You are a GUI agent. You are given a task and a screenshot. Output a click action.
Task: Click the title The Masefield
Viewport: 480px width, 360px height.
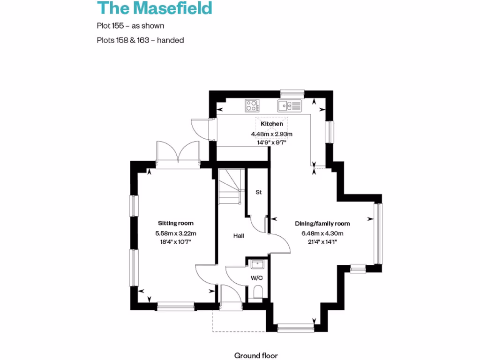154,8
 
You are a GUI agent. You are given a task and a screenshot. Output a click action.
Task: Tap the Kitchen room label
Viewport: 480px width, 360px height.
272,124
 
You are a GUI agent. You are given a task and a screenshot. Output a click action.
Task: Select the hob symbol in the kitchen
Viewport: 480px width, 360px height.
252,106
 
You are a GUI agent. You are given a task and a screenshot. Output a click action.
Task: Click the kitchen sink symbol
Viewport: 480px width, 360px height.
289,106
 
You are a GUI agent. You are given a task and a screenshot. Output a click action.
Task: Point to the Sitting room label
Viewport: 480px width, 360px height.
175,223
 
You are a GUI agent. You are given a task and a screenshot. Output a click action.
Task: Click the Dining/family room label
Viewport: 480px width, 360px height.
322,224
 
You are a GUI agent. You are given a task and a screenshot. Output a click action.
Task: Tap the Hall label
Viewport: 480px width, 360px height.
239,236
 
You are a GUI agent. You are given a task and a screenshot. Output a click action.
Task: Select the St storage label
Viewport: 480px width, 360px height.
258,192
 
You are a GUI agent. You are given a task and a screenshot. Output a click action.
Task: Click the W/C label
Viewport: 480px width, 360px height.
256,277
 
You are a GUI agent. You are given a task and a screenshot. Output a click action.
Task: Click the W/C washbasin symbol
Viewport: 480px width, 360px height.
256,265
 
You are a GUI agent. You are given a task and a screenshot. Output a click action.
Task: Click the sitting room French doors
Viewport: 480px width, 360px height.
178,153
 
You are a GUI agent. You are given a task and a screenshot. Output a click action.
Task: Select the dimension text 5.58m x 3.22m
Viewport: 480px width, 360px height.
175,233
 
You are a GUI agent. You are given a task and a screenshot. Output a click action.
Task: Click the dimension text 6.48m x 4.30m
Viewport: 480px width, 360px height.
322,233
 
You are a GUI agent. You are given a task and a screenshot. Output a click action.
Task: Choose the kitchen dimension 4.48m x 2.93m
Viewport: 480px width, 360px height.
272,134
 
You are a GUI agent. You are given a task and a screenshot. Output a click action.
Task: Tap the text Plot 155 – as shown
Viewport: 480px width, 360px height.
130,26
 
